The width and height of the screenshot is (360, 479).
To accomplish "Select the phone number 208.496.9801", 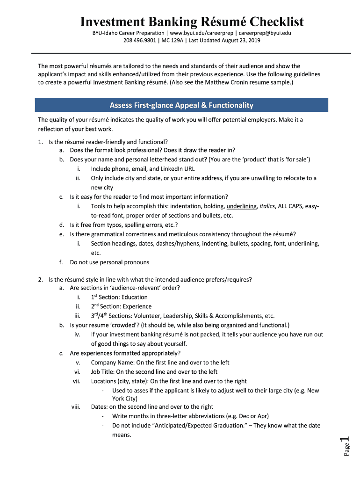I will (x=140, y=40).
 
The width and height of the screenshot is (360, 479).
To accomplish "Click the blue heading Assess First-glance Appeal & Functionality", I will (x=181, y=105).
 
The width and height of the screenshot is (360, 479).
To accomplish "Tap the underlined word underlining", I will (x=241, y=206).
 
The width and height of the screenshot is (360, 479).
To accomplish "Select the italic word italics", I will (x=267, y=206).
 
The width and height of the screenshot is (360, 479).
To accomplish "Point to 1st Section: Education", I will (x=119, y=297).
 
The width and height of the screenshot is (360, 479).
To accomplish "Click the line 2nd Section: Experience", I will (x=121, y=306).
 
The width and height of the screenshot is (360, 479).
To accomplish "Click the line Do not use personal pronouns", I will (x=109, y=262).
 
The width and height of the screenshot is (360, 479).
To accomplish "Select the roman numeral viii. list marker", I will (x=76, y=407).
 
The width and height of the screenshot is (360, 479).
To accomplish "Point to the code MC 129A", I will (x=172, y=40).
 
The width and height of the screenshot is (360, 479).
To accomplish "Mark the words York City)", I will (x=125, y=399).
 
